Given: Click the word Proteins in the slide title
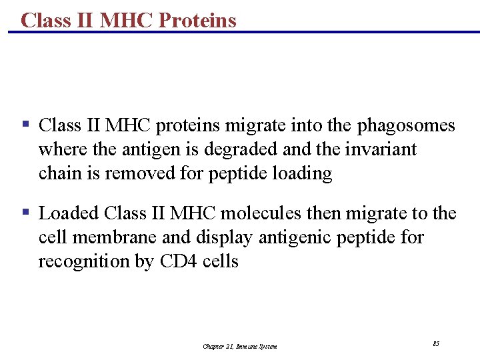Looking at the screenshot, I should pos(197,20).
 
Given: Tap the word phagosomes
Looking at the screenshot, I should pos(407,125).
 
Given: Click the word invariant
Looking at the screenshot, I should pos(381,149).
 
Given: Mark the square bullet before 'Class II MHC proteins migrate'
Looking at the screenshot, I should pos(25,125).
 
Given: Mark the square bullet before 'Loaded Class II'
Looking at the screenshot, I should pos(25,213).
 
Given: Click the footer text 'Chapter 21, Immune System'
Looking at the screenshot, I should pos(240,346).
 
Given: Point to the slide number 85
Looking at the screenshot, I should pos(435,343).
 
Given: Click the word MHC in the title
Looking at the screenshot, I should pos(127,20).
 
